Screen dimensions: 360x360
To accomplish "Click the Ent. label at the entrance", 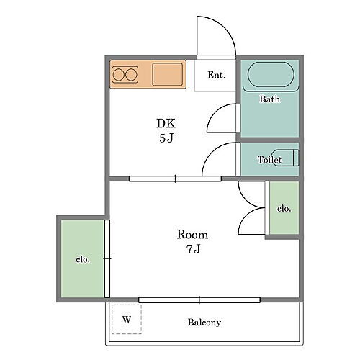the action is pos(216,75).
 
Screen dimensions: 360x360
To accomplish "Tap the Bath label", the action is pos(269,99).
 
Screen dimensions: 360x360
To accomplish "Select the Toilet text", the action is pos(269,160).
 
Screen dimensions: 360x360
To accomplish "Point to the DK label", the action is pos(166,123).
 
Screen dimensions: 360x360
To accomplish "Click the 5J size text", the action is pos(166,138).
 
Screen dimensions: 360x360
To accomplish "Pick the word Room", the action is pos(192,235).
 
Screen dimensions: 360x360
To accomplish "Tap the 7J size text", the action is pos(193,249).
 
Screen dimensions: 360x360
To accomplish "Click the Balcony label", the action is pos(204,323).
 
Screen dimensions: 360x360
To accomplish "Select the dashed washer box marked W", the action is pos(127,319).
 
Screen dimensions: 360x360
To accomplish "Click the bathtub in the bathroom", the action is pos(271,74).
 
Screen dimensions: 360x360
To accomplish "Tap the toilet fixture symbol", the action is pos(286,158).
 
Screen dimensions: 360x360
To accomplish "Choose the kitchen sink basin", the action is pos(168,74).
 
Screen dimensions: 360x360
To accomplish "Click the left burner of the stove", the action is pos(118,75).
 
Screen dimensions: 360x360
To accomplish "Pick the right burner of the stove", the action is pos(132,75).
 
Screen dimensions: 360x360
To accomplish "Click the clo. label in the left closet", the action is pos(83,259).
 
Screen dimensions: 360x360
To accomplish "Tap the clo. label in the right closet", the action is pos(284,208).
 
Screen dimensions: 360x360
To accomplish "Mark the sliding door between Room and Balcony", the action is pos(199,300).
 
